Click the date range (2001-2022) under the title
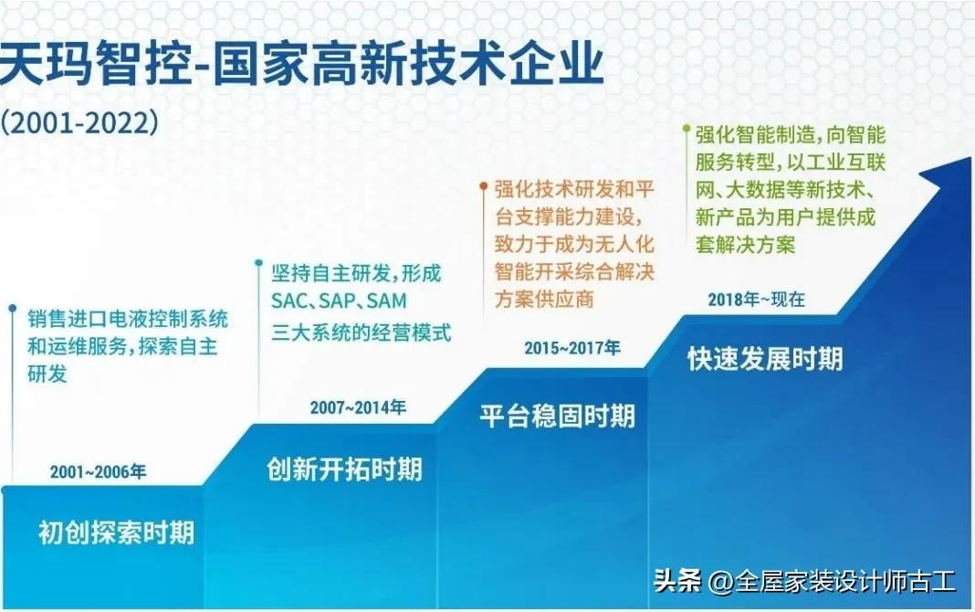(79, 122)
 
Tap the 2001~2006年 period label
(99, 472)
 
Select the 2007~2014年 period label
(358, 407)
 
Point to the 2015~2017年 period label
(572, 348)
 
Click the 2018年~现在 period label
(757, 300)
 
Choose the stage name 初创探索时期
(116, 533)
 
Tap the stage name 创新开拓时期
(344, 469)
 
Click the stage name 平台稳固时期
(558, 416)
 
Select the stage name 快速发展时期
(765, 359)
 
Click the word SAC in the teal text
(289, 301)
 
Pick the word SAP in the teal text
(338, 301)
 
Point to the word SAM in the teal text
(387, 301)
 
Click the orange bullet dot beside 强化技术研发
(484, 185)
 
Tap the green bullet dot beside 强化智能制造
(687, 129)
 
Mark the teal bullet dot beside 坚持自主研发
(258, 263)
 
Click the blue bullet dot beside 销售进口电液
(12, 308)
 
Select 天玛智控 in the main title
(95, 64)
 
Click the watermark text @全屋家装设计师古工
(832, 582)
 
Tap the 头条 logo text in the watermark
(677, 582)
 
